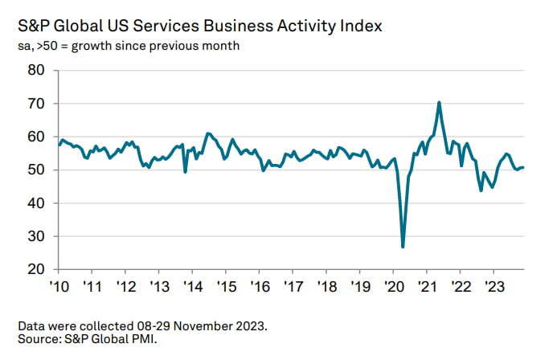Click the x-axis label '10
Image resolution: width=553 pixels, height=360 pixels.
click(59, 287)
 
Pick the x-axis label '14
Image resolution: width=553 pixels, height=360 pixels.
click(192, 287)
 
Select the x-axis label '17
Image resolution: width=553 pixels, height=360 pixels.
click(293, 287)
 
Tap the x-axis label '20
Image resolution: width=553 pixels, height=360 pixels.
click(393, 287)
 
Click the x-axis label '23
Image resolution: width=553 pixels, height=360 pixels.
click(493, 287)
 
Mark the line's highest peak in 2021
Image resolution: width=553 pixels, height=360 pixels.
click(439, 102)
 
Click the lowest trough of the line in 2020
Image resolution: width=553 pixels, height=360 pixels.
click(403, 247)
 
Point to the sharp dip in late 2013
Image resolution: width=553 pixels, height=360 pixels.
click(186, 172)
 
